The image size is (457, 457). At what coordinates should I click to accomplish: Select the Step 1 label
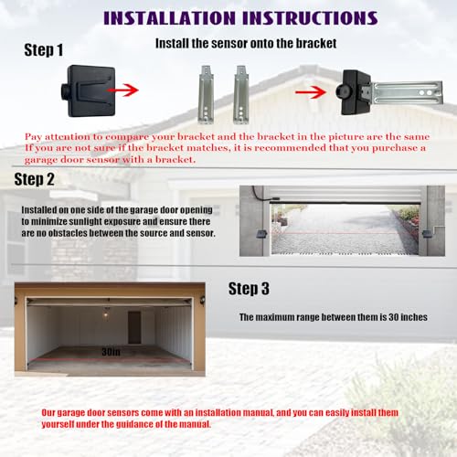pyautogui.click(x=44, y=49)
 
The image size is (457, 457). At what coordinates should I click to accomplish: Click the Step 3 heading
pyautogui.click(x=249, y=288)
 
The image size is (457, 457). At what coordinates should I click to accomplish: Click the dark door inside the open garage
pyautogui.click(x=135, y=327)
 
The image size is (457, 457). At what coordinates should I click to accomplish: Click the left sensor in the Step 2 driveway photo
pyautogui.click(x=263, y=234)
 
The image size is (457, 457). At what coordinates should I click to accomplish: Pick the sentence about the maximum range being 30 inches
pyautogui.click(x=333, y=317)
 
